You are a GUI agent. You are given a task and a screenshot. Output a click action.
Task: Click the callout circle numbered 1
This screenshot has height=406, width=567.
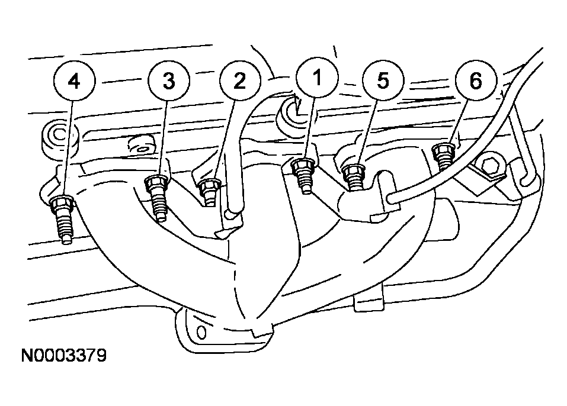coord(317,76)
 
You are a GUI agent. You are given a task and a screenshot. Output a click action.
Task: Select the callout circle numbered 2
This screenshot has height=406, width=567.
coord(240,81)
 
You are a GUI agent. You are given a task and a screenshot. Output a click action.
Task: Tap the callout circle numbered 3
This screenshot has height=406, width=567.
coord(169,81)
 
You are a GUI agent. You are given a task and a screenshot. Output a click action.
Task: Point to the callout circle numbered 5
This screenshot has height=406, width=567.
coord(383,80)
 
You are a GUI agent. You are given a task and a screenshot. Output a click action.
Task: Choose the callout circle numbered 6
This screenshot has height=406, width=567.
coord(476,80)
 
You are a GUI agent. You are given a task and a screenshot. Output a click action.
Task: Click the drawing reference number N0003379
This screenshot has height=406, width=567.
coord(63,356)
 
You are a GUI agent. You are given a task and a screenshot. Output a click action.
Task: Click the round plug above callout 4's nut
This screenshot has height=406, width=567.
coord(59,137)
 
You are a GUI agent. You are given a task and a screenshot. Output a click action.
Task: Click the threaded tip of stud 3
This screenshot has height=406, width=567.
coord(161,217)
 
